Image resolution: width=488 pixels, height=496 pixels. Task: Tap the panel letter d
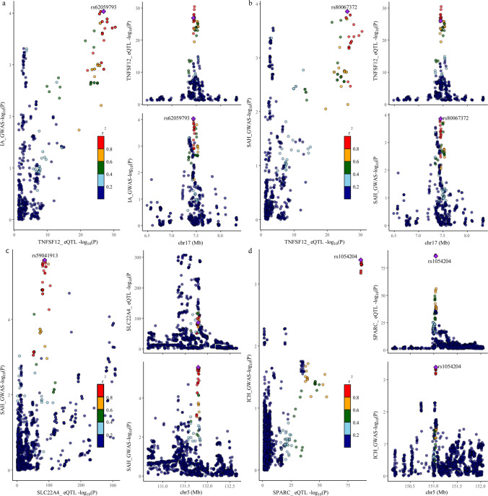tap(249, 250)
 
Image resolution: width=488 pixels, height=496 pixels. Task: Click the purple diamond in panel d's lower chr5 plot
tap(435, 368)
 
